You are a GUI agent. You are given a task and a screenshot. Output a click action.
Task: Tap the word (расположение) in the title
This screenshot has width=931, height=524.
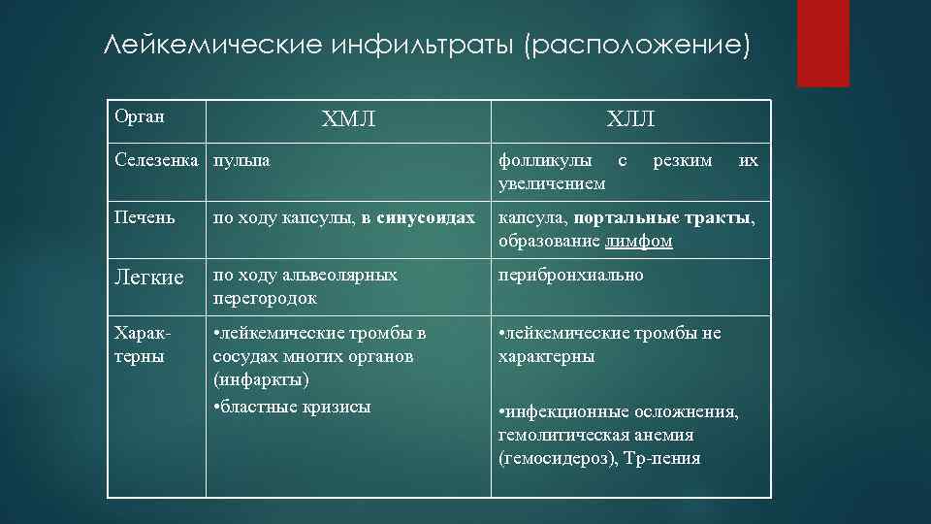tap(637, 47)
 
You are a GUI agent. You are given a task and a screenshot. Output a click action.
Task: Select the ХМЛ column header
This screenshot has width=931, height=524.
tap(348, 120)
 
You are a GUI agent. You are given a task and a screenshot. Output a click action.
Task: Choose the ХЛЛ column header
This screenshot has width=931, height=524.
tap(630, 120)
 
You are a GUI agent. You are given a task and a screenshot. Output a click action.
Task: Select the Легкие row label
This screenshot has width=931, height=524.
tap(148, 278)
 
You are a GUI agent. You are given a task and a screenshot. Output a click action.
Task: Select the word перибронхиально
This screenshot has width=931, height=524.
tap(570, 275)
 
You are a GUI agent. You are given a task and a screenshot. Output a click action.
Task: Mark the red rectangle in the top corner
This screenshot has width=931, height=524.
tap(822, 43)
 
